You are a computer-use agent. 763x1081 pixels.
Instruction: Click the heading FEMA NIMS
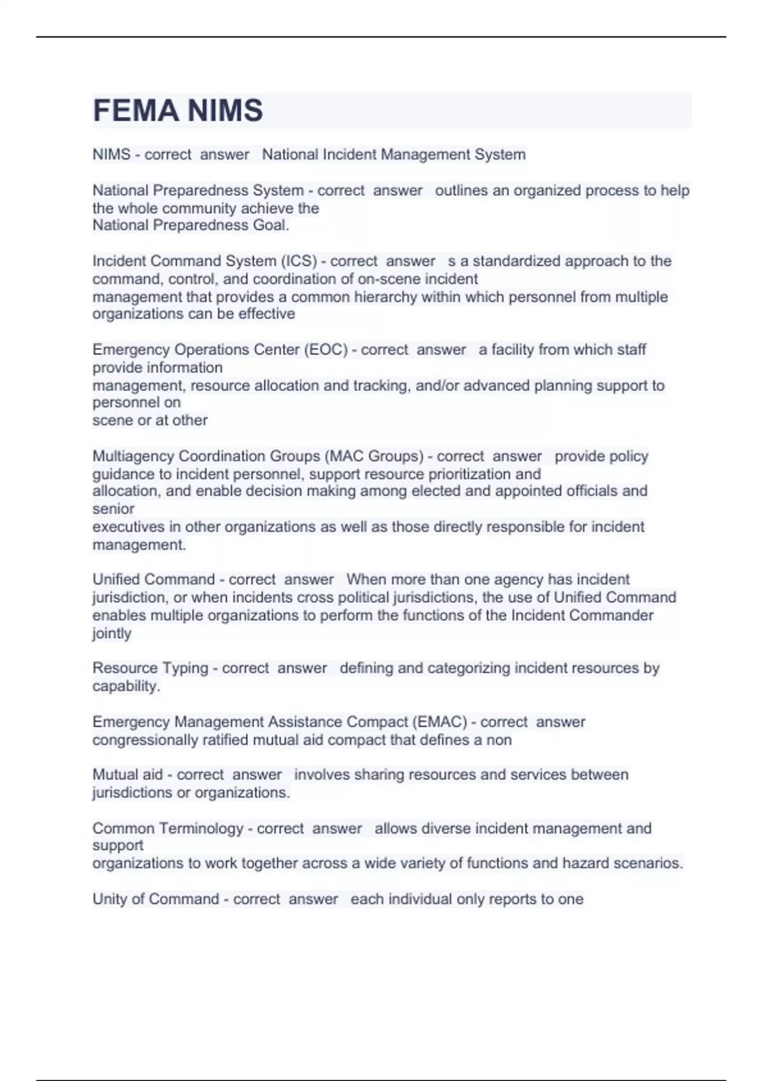(177, 111)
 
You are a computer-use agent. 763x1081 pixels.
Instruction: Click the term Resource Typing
(150, 668)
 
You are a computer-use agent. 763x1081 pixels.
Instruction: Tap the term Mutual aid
(127, 775)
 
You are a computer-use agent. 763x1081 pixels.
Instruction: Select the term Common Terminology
(168, 829)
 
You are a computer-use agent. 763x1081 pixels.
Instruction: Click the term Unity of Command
(155, 899)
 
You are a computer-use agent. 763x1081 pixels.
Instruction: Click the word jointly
(112, 633)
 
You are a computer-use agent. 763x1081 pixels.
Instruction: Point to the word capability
(125, 686)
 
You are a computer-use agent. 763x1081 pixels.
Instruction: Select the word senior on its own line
(113, 509)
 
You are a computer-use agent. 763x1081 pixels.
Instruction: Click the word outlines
(463, 191)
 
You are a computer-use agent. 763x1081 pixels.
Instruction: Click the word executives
(128, 527)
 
